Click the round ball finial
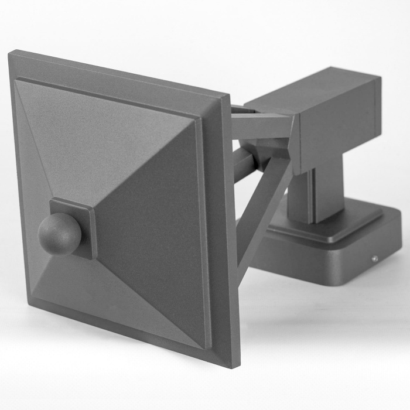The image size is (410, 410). coord(59,234)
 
